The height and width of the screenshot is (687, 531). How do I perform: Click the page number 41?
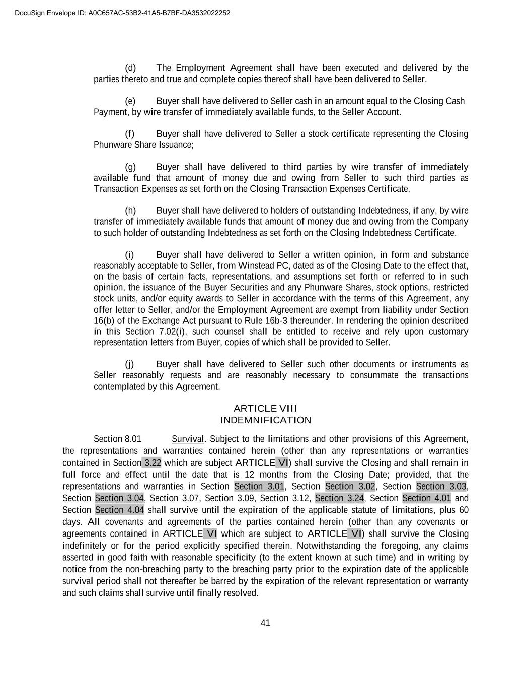click(265, 623)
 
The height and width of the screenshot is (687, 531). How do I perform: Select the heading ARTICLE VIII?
click(265, 408)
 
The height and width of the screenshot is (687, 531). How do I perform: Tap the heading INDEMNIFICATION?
click(265, 420)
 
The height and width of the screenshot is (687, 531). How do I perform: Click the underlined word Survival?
click(188, 439)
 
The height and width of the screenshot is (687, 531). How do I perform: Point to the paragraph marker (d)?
click(130, 68)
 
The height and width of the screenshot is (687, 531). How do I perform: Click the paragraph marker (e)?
click(130, 101)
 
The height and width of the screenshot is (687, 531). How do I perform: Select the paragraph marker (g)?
click(130, 167)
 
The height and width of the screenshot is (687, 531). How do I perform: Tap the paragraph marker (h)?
click(130, 211)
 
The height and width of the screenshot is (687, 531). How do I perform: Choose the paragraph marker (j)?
click(130, 364)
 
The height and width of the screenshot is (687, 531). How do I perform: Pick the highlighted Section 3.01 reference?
click(259, 486)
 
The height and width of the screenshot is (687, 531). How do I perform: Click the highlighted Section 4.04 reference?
click(119, 510)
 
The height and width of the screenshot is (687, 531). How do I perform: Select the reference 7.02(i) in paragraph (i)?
click(171, 332)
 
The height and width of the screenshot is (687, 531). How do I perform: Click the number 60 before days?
click(463, 510)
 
